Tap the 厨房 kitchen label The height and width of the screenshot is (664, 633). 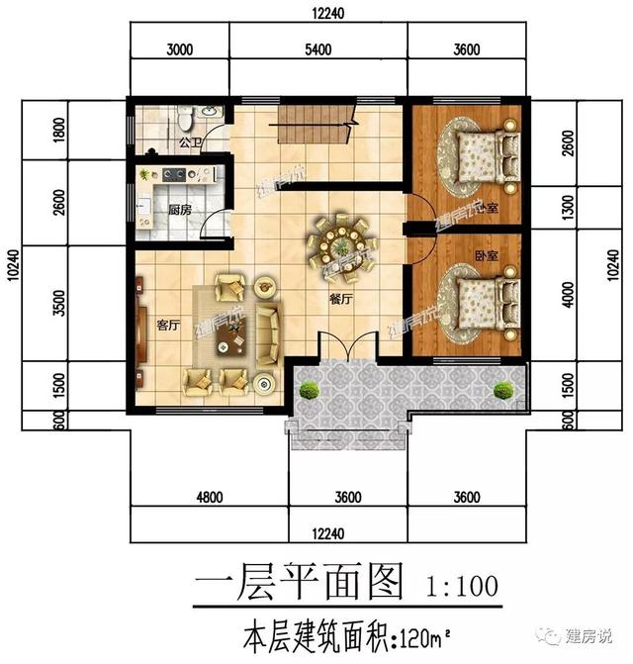(x=179, y=210)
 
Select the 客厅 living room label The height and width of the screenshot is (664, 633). (x=167, y=325)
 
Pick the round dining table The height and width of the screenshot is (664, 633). (x=341, y=242)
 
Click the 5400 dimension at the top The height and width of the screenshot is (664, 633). (x=319, y=49)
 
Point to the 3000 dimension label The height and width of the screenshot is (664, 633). (x=179, y=49)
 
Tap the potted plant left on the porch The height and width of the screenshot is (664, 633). (x=310, y=391)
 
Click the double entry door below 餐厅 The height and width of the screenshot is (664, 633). (x=347, y=348)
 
